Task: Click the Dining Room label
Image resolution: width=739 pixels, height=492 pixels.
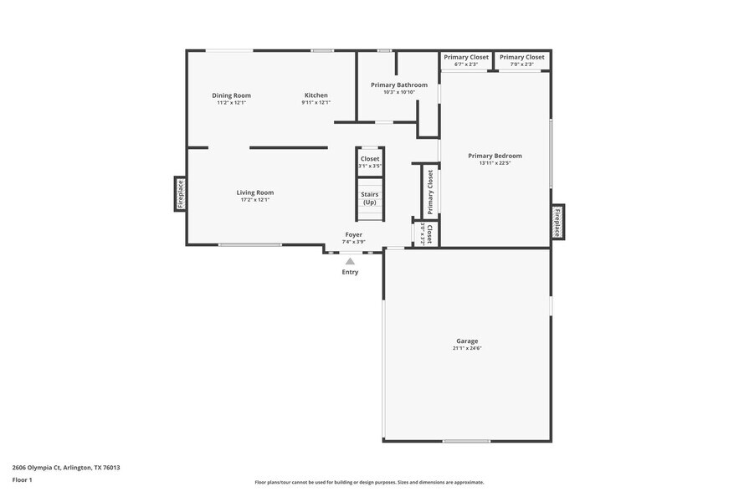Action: point(231,95)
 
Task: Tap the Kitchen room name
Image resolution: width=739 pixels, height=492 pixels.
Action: point(316,95)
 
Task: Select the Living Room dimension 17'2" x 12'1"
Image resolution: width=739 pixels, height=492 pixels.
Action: point(255,200)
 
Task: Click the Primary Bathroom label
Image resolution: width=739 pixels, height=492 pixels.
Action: point(398,85)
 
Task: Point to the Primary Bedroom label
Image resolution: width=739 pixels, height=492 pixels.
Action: point(495,156)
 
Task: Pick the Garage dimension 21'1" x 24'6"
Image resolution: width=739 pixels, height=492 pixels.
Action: point(467,348)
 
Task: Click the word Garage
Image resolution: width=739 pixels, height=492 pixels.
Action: point(467,341)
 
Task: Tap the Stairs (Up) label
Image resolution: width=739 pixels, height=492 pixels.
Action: point(369,198)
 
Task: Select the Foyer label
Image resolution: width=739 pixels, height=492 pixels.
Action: point(353,235)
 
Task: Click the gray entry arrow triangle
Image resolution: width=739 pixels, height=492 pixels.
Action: point(350,261)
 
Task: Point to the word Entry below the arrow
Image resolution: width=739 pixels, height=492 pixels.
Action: point(350,272)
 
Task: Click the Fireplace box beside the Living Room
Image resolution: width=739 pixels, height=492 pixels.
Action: point(180,194)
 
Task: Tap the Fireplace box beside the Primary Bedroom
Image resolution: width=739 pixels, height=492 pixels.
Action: point(557,222)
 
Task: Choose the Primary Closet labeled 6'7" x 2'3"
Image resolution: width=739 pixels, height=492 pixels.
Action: point(465,60)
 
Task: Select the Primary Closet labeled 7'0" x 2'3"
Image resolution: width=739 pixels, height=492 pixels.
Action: point(522,60)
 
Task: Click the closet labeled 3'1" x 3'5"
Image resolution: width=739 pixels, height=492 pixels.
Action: point(369,161)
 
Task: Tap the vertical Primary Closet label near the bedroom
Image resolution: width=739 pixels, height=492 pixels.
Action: point(430,191)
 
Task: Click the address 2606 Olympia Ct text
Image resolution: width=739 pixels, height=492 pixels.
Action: point(66,468)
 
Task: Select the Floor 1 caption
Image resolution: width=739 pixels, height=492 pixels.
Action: point(22,479)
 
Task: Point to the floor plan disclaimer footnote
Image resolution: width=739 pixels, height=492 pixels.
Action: point(369,482)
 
